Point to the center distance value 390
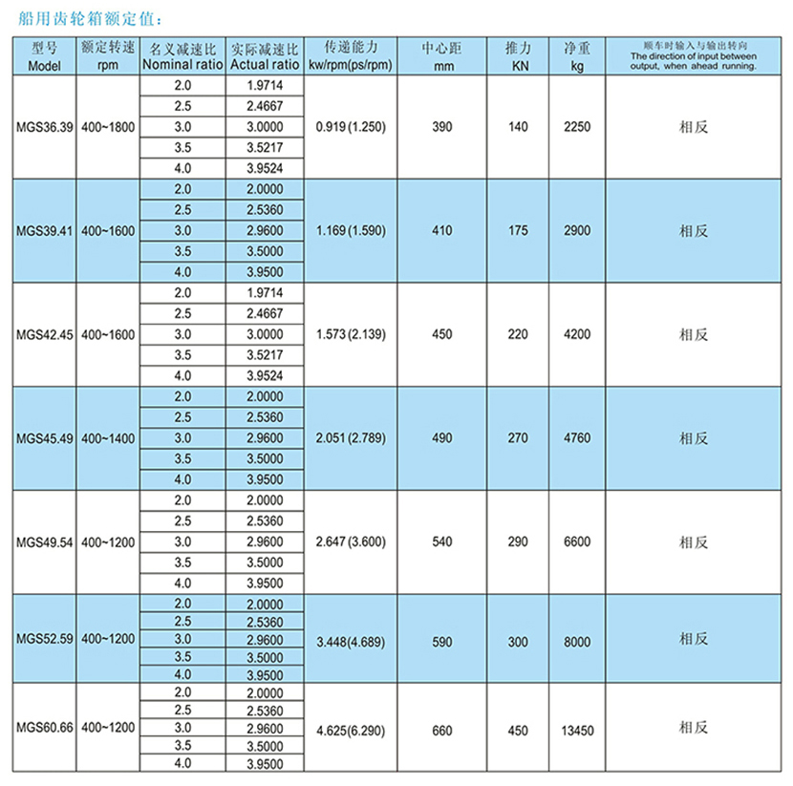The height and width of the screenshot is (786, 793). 442,126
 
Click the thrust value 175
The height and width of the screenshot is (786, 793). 519,230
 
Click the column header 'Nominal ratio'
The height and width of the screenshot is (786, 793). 182,65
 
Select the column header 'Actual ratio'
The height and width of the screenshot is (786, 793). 265,65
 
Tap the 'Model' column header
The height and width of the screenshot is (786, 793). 45,66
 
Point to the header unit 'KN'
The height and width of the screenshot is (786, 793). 519,66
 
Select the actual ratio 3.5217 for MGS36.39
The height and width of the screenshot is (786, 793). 265,148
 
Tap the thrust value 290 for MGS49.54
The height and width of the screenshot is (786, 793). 519,542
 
